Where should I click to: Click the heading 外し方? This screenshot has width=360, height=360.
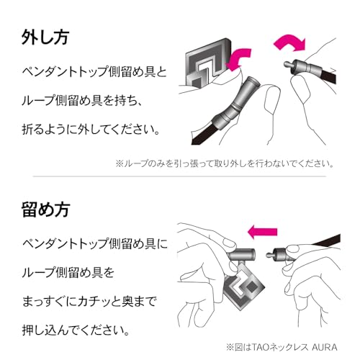(x=45, y=37)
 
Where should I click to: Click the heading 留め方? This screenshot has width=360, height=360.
(x=46, y=210)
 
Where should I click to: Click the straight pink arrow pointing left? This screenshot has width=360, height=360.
(x=262, y=232)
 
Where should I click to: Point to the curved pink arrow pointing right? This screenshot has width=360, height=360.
(x=289, y=43)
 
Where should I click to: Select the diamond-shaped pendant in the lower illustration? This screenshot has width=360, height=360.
(x=243, y=287)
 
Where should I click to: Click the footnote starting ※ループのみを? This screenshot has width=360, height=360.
(x=225, y=163)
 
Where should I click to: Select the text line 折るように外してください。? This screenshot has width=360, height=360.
(x=91, y=129)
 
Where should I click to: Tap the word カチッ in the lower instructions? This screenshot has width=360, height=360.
(x=94, y=301)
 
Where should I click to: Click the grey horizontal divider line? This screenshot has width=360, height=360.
(x=179, y=176)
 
